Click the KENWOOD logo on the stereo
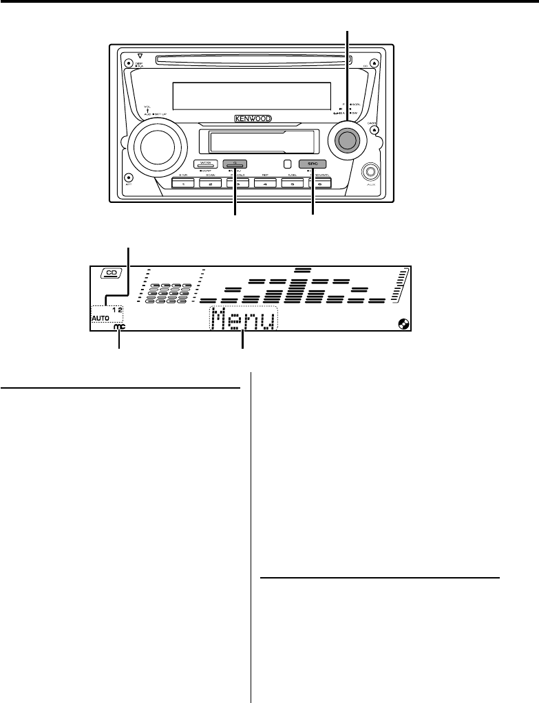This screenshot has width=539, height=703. click(x=252, y=118)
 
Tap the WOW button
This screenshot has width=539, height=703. click(x=205, y=164)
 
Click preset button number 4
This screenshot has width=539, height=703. click(x=264, y=184)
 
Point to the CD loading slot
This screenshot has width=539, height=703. click(x=251, y=61)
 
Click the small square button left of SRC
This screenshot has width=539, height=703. click(x=287, y=164)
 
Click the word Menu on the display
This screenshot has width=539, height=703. click(x=244, y=321)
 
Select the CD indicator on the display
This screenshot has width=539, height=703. click(x=111, y=274)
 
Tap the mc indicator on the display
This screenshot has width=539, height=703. click(x=120, y=329)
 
